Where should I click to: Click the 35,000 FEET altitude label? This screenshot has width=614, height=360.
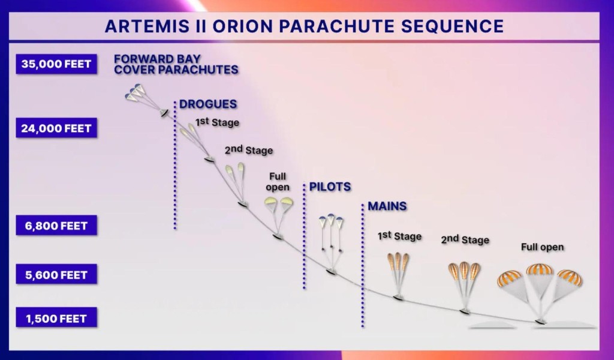pos(56,64)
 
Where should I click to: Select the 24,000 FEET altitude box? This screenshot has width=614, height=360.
pos(56,128)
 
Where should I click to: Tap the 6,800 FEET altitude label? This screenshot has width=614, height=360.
pos(56,226)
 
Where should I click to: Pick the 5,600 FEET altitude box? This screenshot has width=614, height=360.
pos(56,275)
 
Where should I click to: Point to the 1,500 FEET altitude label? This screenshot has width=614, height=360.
pos(56,318)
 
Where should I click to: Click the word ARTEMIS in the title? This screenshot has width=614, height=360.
pos(151,26)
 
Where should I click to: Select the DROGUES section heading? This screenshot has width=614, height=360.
pos(208,104)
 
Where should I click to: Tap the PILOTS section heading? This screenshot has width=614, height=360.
pos(330,187)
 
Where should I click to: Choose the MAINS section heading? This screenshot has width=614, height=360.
pos(387,206)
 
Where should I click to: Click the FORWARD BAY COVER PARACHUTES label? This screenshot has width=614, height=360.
pos(176,64)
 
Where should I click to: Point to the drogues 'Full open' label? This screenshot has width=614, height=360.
pos(278,182)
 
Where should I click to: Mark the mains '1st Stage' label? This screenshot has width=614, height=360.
pos(399,236)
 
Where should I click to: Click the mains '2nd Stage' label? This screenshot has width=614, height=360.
pos(465,239)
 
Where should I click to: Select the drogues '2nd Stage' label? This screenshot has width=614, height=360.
pos(249,150)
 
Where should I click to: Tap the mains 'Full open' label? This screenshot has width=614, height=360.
pos(542,247)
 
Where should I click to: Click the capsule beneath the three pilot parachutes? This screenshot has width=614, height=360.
pos(331,271)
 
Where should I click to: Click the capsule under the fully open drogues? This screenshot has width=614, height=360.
pos(277,236)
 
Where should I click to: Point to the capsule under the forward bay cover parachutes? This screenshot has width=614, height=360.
pos(164,113)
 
